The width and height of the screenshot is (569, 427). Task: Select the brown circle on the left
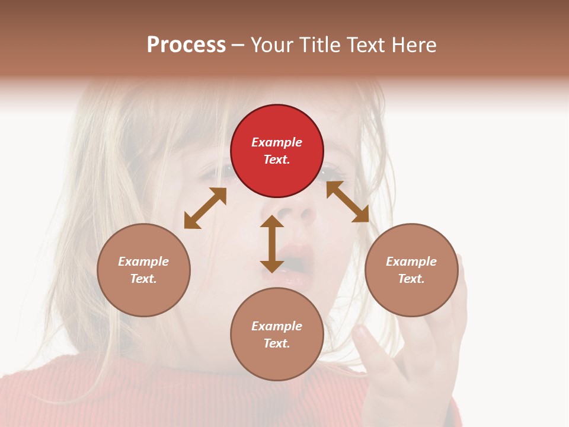click(143, 270)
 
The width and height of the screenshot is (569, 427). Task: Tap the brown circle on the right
click(411, 270)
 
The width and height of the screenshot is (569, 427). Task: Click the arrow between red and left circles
click(205, 208)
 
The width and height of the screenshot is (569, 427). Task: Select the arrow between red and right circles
click(347, 202)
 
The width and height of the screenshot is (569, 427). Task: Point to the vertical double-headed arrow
click(272, 244)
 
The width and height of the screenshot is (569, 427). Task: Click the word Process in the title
click(186, 45)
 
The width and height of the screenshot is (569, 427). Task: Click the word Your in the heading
click(273, 45)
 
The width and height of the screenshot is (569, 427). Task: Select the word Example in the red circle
click(277, 142)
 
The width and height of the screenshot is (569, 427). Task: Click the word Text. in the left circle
click(143, 279)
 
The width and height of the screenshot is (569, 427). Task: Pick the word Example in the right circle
click(411, 262)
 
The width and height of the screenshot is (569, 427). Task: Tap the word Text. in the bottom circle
click(277, 343)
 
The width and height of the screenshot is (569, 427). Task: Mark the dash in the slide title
click(238, 46)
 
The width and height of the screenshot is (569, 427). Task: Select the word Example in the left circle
click(143, 262)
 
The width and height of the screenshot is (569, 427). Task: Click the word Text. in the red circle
click(277, 160)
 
